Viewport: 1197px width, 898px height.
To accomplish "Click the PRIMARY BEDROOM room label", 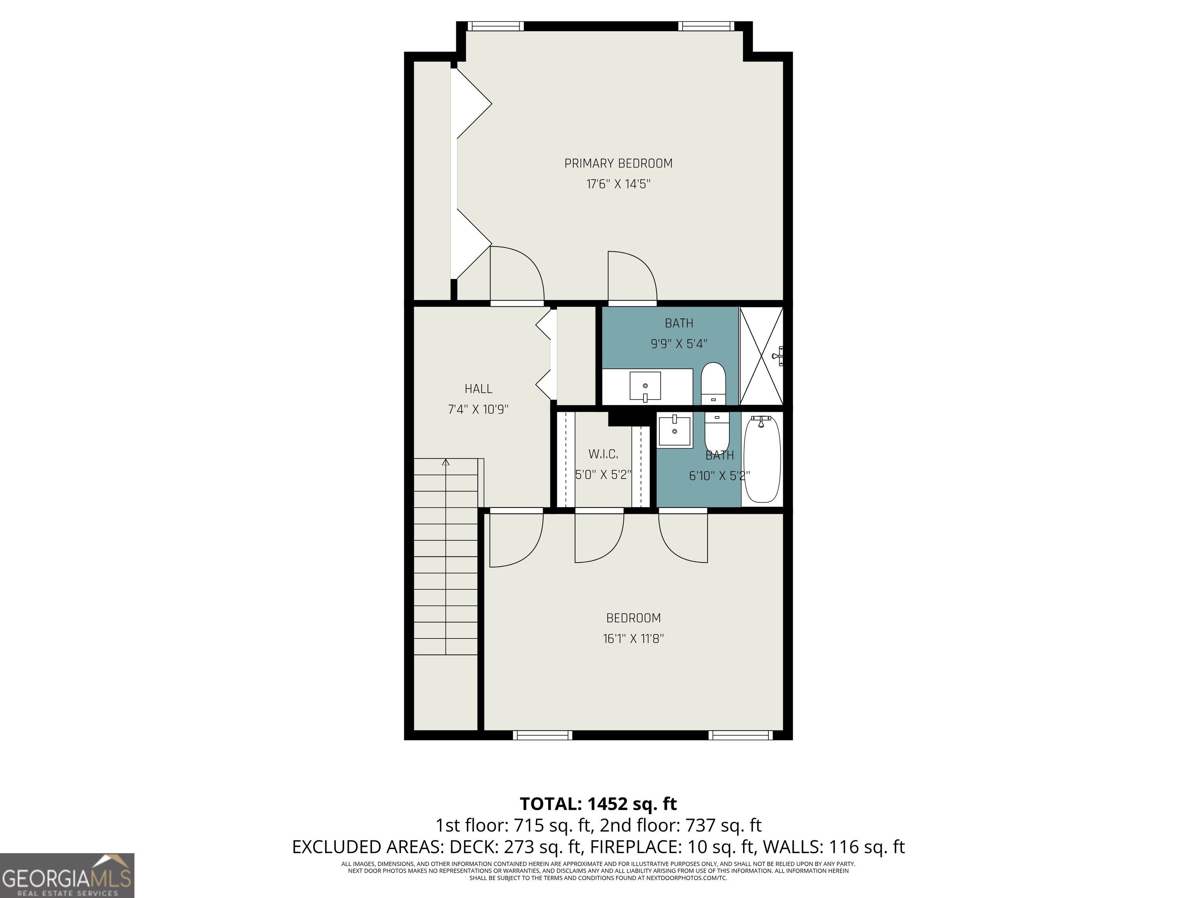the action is [x=618, y=163].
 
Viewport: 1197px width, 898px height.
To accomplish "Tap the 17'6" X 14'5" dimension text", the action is [x=618, y=184].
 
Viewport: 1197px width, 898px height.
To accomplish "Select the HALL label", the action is [x=478, y=389].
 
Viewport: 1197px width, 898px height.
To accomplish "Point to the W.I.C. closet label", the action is [x=603, y=454].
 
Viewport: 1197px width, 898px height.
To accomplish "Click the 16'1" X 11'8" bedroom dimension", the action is [x=633, y=639].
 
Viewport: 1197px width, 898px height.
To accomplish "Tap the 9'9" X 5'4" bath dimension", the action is [x=679, y=344].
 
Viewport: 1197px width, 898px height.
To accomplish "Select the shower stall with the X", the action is [x=761, y=355].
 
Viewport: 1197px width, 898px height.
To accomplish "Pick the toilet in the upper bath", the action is [x=713, y=383].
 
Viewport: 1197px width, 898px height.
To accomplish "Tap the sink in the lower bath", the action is [x=675, y=430].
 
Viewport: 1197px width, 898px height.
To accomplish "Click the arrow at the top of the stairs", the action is [x=446, y=463].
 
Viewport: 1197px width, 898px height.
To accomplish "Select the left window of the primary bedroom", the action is [x=495, y=25].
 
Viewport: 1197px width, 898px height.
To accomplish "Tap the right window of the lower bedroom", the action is [x=741, y=735].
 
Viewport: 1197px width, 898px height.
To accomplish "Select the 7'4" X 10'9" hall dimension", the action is [x=478, y=410].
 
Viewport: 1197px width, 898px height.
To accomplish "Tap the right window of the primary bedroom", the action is [x=706, y=25].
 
